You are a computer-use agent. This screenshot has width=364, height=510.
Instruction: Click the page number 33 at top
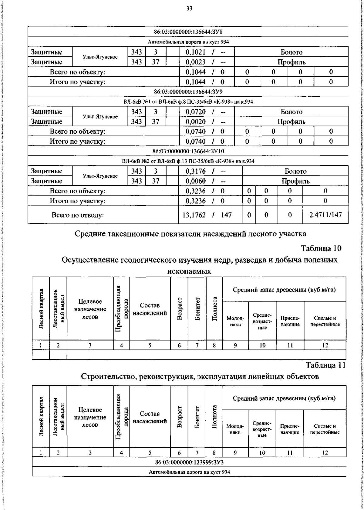[189, 9]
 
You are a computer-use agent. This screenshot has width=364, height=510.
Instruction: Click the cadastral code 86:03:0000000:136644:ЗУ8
[188, 32]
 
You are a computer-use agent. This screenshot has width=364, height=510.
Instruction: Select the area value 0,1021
[195, 52]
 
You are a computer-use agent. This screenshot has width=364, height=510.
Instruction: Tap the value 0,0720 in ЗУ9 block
[195, 112]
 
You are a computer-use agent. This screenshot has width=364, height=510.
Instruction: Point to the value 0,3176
[195, 171]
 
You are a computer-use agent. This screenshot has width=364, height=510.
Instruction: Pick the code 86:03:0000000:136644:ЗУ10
[188, 151]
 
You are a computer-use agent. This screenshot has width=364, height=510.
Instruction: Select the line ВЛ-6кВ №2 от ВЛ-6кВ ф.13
[188, 161]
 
